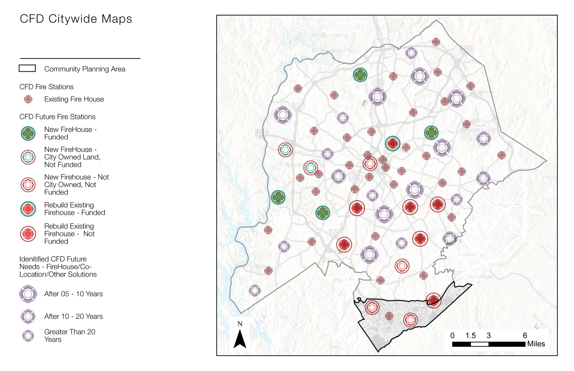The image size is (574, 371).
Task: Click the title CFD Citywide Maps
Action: [x=76, y=19]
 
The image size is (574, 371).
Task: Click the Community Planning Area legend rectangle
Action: [x=27, y=68]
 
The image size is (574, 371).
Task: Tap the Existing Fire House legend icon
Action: [x=28, y=99]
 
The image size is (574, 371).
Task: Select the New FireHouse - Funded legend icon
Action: [x=28, y=133]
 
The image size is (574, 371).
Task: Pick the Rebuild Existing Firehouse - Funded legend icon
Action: [x=28, y=209]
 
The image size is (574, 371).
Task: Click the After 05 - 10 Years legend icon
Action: [x=28, y=294]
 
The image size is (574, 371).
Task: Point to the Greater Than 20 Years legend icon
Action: [x=28, y=336]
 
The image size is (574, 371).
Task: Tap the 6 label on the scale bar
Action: [x=525, y=335]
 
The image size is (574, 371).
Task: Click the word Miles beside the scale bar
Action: [x=536, y=344]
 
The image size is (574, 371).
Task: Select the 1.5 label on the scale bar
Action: [x=470, y=335]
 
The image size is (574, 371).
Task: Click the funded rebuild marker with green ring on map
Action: [x=393, y=143]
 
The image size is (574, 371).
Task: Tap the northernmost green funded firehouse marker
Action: [x=360, y=75]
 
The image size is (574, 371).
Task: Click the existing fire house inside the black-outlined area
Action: [x=389, y=316]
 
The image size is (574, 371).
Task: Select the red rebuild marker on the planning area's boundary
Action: [x=433, y=300]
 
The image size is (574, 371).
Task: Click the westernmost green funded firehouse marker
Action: [x=278, y=197]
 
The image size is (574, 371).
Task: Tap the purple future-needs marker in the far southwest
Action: [x=254, y=290]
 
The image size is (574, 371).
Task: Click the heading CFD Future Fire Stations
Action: [x=57, y=117]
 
